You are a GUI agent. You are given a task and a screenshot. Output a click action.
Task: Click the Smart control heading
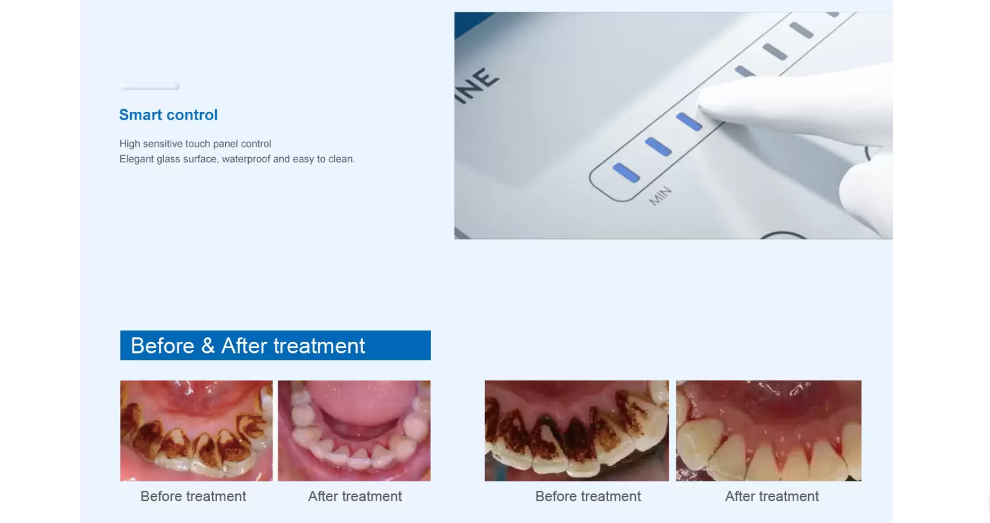168,115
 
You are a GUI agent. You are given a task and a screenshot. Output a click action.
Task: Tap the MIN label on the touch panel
660,196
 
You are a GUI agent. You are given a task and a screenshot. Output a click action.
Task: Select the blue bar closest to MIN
626,173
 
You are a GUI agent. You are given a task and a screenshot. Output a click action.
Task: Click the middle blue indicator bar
658,147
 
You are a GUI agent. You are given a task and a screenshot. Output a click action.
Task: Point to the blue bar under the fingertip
689,121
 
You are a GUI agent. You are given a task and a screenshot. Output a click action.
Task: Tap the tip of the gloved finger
703,101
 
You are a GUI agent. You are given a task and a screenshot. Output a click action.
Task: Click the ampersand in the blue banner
208,346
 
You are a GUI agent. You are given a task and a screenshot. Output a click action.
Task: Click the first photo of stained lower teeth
196,431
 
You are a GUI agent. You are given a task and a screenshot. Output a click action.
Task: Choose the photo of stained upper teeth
577,431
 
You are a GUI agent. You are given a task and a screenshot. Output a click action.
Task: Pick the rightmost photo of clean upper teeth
768,431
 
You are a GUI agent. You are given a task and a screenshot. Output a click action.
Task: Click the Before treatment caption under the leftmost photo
193,497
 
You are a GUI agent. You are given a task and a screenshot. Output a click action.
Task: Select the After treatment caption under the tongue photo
355,497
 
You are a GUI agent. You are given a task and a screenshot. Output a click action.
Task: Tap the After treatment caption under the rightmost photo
772,497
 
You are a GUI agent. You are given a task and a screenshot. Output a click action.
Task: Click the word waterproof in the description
246,159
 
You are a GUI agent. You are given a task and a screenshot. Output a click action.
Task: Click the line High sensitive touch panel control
195,144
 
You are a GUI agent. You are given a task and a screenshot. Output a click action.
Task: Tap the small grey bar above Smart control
150,87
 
